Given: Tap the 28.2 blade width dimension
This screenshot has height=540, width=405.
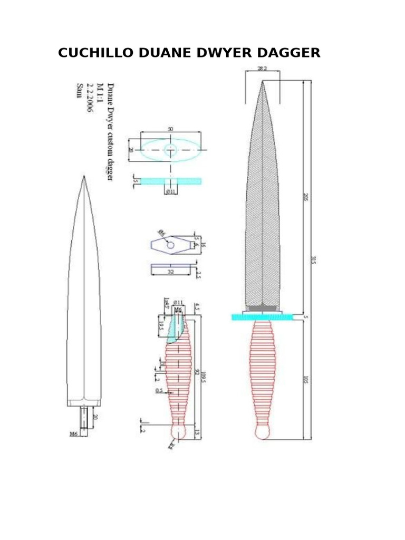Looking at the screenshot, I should coord(262,69).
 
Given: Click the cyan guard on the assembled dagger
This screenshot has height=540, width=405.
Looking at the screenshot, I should coord(262,316).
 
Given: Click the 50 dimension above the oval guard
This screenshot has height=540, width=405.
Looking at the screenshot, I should coord(170,129).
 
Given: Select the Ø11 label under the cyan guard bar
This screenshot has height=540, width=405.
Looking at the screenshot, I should coord(171,192).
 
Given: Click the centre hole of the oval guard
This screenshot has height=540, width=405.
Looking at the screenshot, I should coord(170,150).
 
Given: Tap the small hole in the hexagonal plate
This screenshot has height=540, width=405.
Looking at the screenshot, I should coord(171,245).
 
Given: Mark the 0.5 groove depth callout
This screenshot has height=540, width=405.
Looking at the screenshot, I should coord(159,391).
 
